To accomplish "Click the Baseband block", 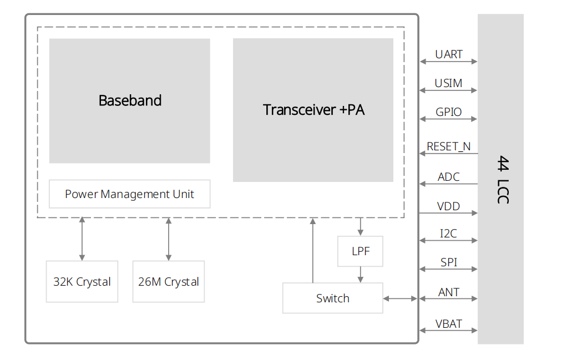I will coord(130,100).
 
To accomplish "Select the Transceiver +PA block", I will coord(313,110).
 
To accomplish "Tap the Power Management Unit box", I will coord(129,194).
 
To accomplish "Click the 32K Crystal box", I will coord(82,282).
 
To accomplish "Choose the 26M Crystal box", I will coord(169,282).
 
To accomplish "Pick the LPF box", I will coord(360,251).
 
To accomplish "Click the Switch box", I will coord(332,298).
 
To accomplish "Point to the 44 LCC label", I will coord(502,179).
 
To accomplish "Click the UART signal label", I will coord(449,54).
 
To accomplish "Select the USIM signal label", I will coord(448,83).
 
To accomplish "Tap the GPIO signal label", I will coord(448,112).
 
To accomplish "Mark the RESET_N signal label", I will coord(448,146).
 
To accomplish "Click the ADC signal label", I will coord(448,177).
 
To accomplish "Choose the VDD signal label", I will coord(448,206).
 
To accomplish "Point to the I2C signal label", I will coord(448,234).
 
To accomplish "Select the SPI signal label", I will coord(448,262).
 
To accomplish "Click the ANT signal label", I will coord(448,292).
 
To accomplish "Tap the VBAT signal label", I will coord(448,324).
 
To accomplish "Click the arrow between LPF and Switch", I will coord(361,275).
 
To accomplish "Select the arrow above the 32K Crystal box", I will coord(82,239).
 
